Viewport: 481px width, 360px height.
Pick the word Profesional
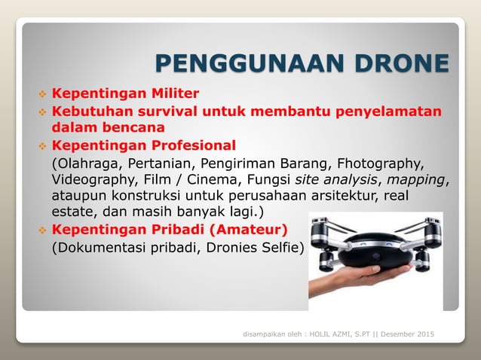(x=191, y=145)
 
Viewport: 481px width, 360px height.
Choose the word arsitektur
(x=346, y=196)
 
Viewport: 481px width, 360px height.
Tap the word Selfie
(x=278, y=248)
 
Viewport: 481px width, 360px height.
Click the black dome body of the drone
(x=375, y=253)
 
